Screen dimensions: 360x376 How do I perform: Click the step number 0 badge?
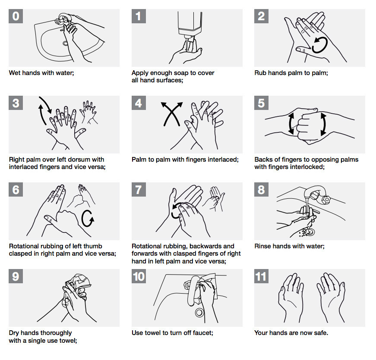coord(16,16)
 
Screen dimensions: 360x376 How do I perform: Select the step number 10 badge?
coord(139,276)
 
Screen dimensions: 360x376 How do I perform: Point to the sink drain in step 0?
coord(66,43)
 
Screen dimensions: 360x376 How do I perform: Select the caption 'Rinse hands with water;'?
coord(289,246)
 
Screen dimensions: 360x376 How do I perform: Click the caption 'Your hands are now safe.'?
coord(291,333)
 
